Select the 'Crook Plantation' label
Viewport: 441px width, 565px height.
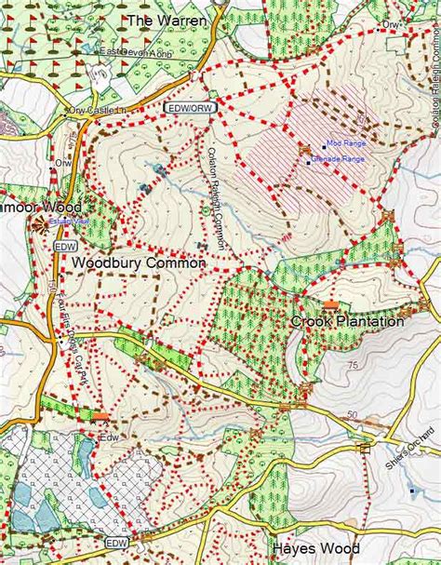[347, 321]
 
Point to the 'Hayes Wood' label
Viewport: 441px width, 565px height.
[315, 548]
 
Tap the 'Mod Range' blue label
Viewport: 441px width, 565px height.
[346, 144]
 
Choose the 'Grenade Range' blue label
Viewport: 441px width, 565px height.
[340, 160]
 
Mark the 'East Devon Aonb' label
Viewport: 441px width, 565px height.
[139, 52]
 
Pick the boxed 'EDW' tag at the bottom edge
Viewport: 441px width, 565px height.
[115, 543]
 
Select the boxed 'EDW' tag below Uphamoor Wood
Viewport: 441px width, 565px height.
[64, 246]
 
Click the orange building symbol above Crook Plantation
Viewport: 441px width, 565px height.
[329, 305]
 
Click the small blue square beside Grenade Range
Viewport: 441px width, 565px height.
[309, 163]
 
